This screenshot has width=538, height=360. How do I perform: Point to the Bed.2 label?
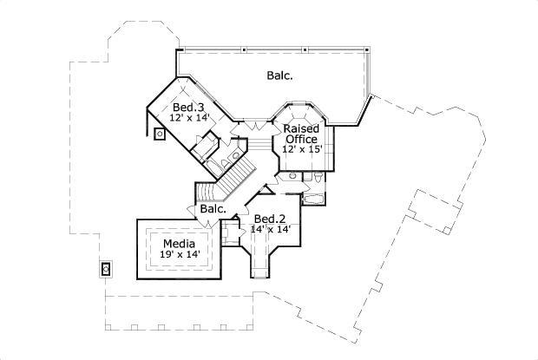[x=269, y=218]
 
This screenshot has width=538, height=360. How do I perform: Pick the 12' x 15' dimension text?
[x=301, y=149]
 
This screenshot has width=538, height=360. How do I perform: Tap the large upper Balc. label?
[x=279, y=75]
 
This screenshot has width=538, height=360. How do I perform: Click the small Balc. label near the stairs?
[x=213, y=209]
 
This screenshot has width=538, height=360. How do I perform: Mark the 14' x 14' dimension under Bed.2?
[x=270, y=229]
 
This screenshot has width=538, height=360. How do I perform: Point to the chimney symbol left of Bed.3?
[x=161, y=134]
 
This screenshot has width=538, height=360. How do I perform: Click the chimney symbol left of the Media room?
[x=107, y=269]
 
